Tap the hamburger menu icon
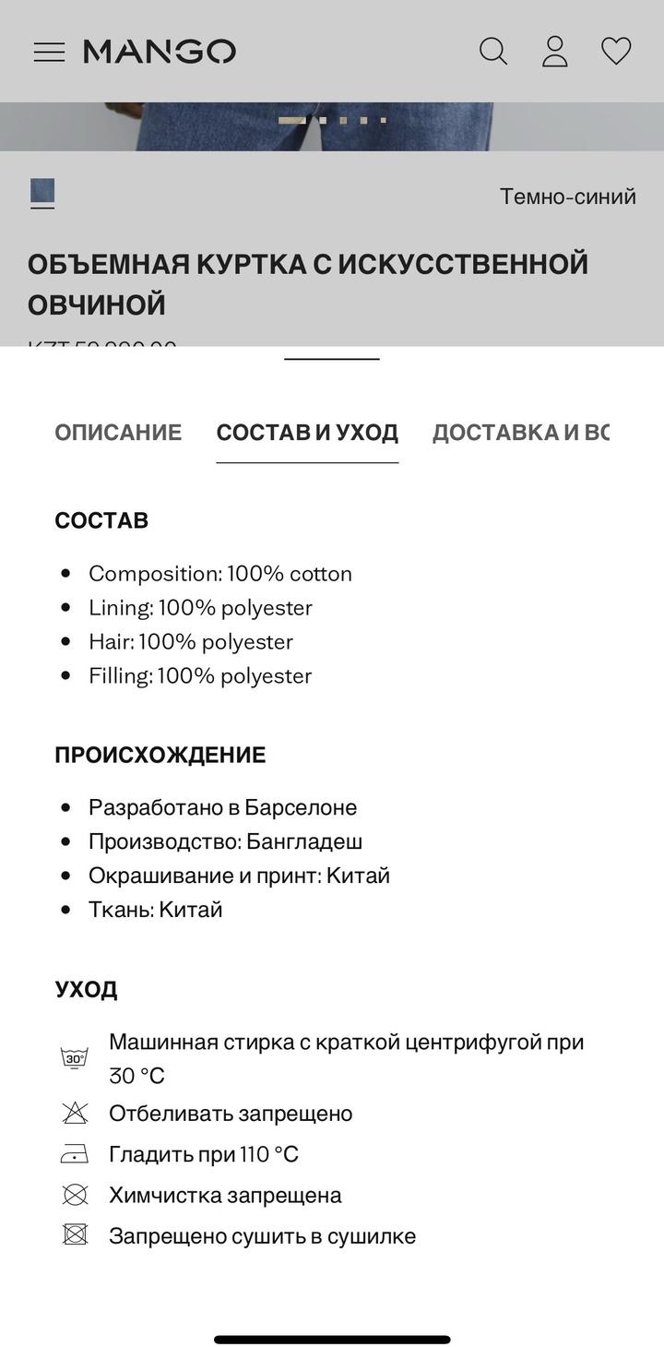coord(49,52)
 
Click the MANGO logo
coord(160,52)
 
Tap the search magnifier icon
coord(493,52)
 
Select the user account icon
coord(554,52)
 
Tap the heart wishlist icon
coord(616,51)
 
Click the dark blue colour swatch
coord(42,192)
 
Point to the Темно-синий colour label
coord(567,197)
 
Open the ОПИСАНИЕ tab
coord(118,433)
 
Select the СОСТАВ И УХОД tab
coord(307,433)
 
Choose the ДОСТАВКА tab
coord(520,433)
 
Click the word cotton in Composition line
coord(320,574)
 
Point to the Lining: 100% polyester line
coord(200,608)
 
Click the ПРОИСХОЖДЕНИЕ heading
coord(160,755)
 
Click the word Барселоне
coord(301,807)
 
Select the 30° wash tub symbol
coord(75,1058)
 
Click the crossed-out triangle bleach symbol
coord(75,1114)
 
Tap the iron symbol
coord(75,1154)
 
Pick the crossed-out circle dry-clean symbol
coord(75,1195)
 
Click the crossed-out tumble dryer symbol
coord(75,1235)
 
